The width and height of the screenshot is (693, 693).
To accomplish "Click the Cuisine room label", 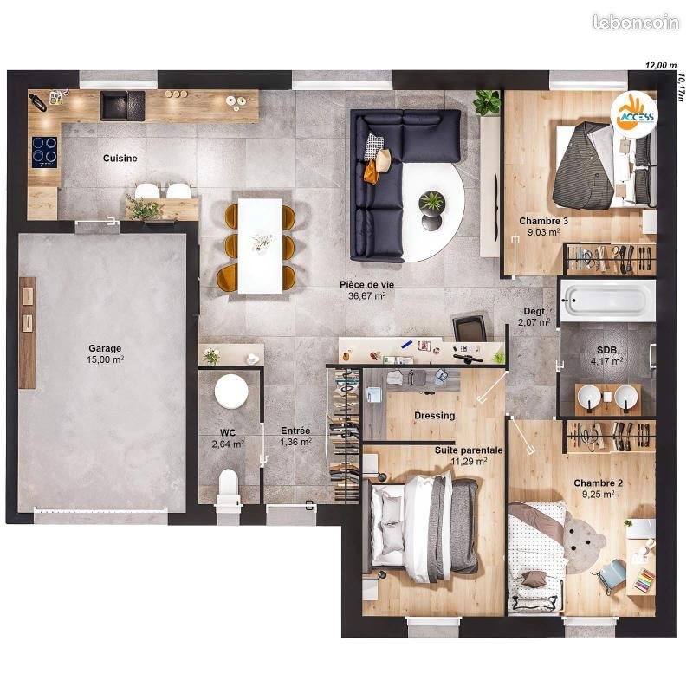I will [120, 158].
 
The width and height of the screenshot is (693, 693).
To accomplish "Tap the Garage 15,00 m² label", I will [105, 353].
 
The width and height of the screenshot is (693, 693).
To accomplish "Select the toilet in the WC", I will [228, 485].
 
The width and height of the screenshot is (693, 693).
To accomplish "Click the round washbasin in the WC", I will [231, 391].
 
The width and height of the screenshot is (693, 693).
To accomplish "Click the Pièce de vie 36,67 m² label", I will [361, 289].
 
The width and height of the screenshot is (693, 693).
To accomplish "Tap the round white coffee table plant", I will [431, 203].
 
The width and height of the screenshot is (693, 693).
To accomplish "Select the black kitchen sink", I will [116, 106].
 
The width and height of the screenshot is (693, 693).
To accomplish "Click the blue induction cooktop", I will [43, 152].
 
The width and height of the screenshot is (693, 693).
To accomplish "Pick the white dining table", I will [261, 245].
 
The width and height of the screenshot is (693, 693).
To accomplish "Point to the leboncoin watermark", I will [635, 23].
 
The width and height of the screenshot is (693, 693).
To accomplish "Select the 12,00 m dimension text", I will [659, 65].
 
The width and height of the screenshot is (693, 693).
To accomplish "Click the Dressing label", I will [434, 415].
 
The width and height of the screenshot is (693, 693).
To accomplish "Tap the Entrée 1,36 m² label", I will [295, 436].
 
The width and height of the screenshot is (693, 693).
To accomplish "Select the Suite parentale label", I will [469, 456].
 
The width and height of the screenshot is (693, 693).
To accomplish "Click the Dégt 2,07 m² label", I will [534, 316].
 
